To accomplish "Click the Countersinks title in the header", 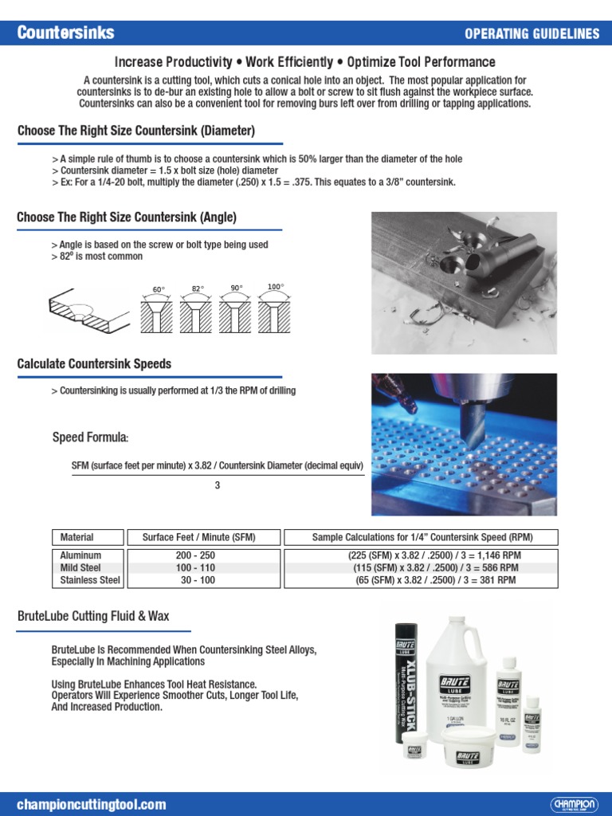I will point(66,33).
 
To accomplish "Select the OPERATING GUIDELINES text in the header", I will point(532,33).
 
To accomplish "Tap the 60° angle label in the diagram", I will point(159,289).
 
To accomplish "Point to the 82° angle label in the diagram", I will point(198,288).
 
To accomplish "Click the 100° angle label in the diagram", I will point(276,286).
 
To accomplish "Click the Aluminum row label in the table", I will point(80,555).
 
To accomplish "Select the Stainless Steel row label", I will point(90,580).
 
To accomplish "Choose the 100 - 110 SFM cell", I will point(195,568).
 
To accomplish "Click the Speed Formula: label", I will point(90,437).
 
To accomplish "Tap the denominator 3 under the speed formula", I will point(217,485).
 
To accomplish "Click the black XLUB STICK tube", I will point(410,685).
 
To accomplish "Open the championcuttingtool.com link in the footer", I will point(92,804).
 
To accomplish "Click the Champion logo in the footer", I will point(573,804).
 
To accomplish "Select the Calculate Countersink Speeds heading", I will point(94,364).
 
